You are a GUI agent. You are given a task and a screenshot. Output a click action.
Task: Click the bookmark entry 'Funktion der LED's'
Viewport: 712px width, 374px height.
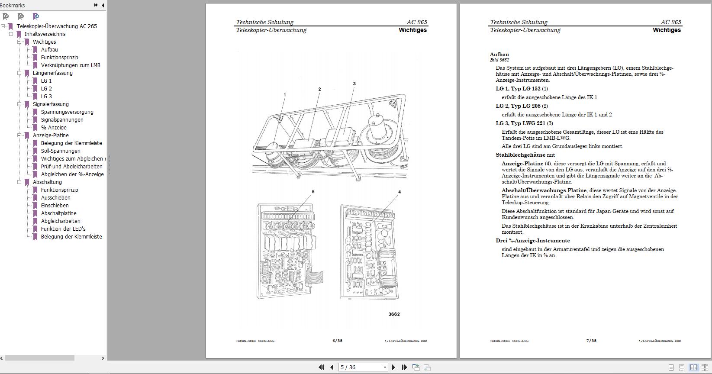63,229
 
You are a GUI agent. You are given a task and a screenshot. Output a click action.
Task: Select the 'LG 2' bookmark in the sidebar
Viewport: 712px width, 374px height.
46,89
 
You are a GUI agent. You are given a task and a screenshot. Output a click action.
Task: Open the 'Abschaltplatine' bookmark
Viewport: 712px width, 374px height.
58,213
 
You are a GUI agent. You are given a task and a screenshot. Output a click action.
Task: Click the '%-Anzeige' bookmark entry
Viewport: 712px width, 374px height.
54,128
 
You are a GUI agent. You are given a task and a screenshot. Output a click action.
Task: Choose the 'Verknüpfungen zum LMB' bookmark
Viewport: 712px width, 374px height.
71,65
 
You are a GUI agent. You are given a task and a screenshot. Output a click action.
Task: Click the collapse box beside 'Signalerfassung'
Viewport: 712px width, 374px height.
19,104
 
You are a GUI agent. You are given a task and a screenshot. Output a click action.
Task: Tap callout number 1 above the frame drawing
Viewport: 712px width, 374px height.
285,95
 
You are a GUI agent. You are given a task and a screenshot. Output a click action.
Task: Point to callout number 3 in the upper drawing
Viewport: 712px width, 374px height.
354,84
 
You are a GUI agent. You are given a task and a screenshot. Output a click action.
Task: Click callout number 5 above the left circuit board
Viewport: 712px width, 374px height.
313,192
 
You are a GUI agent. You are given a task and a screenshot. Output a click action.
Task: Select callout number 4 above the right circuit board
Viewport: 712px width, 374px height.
399,192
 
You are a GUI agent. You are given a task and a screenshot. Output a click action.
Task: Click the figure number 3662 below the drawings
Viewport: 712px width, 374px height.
394,314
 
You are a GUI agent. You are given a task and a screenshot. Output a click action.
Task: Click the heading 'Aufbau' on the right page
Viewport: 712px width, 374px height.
499,55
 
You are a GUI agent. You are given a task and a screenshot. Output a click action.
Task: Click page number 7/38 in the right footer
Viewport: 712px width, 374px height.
591,341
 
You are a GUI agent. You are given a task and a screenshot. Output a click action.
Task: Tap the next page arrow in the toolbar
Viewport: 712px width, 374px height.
393,367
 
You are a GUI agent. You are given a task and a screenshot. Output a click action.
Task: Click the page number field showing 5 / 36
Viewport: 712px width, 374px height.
360,367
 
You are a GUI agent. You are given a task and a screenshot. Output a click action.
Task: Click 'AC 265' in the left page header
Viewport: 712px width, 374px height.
416,22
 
